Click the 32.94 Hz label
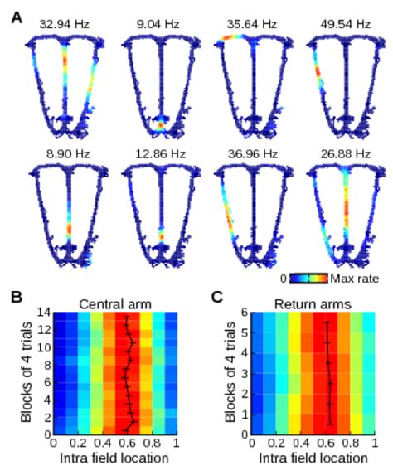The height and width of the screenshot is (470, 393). coord(64,24)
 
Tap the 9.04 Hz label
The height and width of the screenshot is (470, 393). coord(158,24)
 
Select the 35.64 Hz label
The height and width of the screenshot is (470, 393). coord(252,24)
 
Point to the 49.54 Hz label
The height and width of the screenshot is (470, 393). coord(346,24)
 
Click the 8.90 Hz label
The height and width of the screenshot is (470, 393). coord(68,154)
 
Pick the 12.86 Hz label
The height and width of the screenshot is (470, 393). coord(160,154)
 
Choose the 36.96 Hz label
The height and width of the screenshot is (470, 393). coord(253,154)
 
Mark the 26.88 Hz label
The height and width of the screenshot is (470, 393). coord(346,154)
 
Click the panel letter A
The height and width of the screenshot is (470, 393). coord(17,17)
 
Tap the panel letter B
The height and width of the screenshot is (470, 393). coord(17,297)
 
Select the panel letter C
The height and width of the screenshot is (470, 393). coord(217,297)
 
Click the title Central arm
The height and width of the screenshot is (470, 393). coord(115,304)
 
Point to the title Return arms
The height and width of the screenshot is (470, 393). coord(313,304)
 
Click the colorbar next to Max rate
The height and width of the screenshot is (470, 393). coord(308,279)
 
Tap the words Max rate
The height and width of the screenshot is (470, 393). coord(355,279)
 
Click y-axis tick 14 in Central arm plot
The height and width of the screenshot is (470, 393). coord(45,313)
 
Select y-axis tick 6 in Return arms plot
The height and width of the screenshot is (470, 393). coord(245,313)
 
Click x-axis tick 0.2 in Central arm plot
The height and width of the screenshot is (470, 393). coord(78,443)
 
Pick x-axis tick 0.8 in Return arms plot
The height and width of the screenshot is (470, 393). coord(350,443)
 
